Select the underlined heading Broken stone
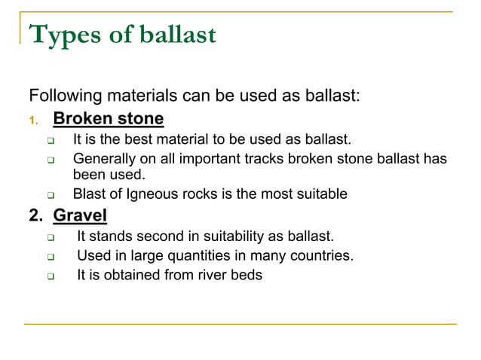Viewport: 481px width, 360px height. pyautogui.click(x=108, y=119)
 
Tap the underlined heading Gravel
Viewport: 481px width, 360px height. pyautogui.click(x=80, y=216)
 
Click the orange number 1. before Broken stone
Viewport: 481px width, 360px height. pyautogui.click(x=32, y=120)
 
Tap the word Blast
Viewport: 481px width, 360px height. pyautogui.click(x=90, y=194)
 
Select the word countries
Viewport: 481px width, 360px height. pyautogui.click(x=321, y=255)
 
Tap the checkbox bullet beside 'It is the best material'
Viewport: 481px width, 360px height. pyautogui.click(x=50, y=140)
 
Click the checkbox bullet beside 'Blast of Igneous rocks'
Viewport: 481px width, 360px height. pyautogui.click(x=50, y=195)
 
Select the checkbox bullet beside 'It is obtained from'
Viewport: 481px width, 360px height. pyautogui.click(x=50, y=276)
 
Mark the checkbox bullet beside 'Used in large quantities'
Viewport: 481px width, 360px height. pyautogui.click(x=50, y=256)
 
